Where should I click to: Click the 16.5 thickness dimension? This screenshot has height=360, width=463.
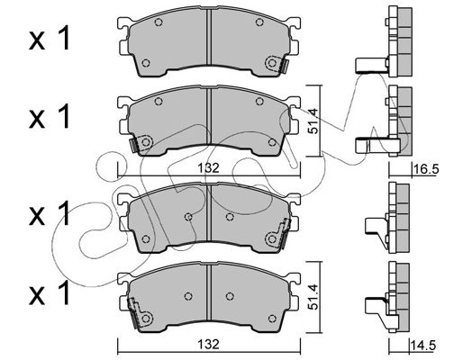coord(426,169)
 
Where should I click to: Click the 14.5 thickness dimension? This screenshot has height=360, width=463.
coord(423,345)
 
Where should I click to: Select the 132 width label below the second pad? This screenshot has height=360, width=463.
coord(209,168)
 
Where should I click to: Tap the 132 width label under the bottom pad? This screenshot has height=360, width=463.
coord(209,344)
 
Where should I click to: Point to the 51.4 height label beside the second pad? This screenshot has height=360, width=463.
coord(313,121)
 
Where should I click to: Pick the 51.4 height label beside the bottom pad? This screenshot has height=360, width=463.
coord(313,297)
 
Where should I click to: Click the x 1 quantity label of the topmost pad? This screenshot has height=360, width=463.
coord(49,38)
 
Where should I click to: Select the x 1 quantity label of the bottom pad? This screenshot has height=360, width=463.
coord(49,292)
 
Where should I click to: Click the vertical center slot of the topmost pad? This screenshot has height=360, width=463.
coord(209,37)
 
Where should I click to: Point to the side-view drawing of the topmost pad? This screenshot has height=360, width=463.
coord(384,41)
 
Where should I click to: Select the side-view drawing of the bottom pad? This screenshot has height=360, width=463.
coord(387,297)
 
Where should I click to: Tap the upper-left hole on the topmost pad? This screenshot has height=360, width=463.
coord(159,22)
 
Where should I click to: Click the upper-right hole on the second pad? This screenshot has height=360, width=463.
coord(259,102)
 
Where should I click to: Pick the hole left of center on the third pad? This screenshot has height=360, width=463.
coord(188,217)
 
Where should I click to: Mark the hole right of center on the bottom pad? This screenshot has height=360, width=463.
coord(230,296)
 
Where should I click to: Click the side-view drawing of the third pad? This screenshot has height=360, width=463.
coord(387,217)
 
